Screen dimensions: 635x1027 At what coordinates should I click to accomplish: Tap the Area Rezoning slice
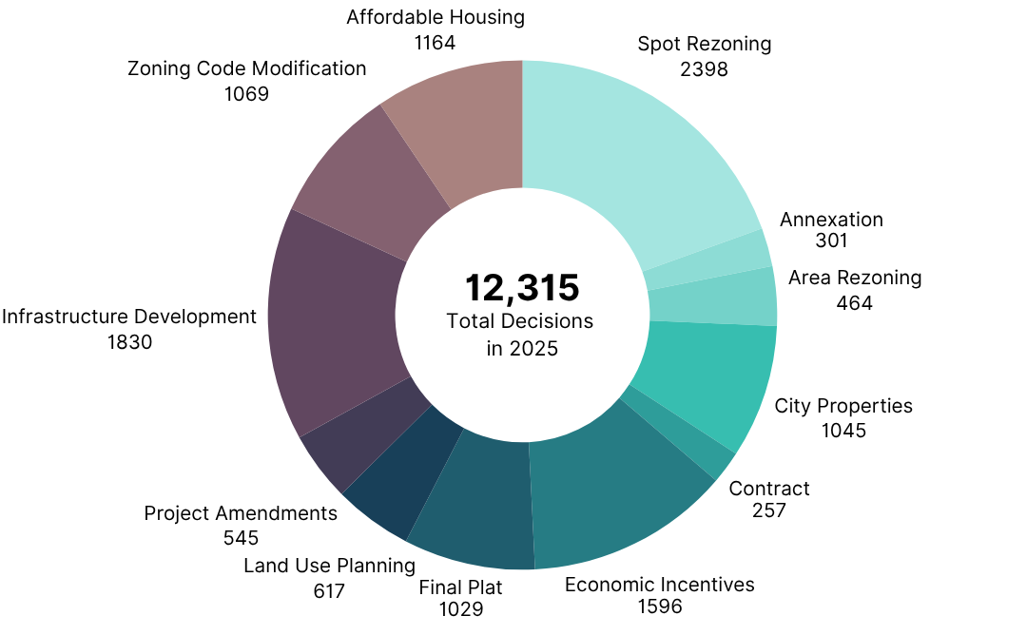pos(713,297)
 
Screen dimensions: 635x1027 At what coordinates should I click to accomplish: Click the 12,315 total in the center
pos(521,287)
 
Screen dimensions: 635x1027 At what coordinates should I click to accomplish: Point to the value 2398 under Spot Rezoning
pos(704,68)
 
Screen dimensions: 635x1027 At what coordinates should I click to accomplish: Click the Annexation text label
pos(831,220)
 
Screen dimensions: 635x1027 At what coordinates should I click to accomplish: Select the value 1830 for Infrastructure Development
pos(129,341)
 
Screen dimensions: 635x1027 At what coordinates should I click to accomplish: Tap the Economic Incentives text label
pos(659,584)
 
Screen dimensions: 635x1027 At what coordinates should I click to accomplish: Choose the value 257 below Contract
pos(768,510)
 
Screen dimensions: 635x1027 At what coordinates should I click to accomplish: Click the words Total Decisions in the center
pos(520,321)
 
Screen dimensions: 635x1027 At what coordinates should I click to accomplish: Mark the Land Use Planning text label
pos(329,566)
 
